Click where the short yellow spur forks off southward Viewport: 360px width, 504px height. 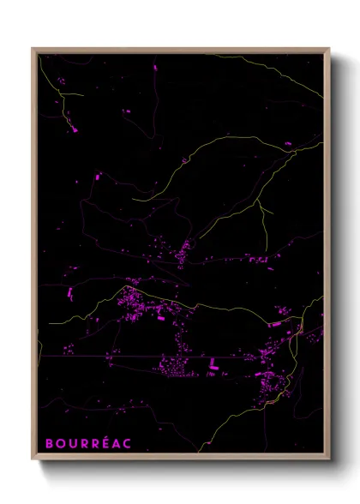(258, 206)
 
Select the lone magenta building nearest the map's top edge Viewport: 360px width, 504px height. (155, 66)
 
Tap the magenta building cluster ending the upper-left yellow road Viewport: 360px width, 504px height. (72, 129)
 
